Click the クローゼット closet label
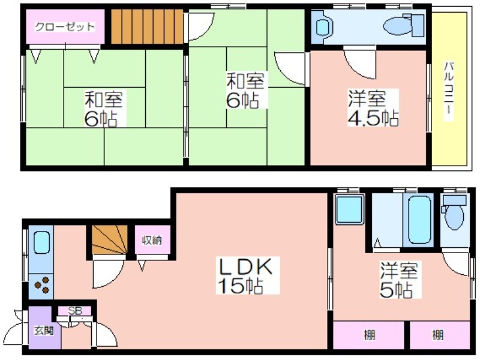[65, 27]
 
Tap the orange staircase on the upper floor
[147, 26]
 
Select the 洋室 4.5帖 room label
[373, 109]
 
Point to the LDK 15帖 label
[244, 276]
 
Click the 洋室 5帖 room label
[398, 280]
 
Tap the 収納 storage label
[152, 241]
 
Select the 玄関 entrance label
[44, 331]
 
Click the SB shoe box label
[75, 311]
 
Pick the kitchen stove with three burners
[41, 286]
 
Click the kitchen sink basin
[41, 242]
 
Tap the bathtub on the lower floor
[418, 220]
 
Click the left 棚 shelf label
[370, 335]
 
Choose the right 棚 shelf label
[438, 335]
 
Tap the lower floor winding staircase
[110, 239]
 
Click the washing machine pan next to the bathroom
[349, 210]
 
